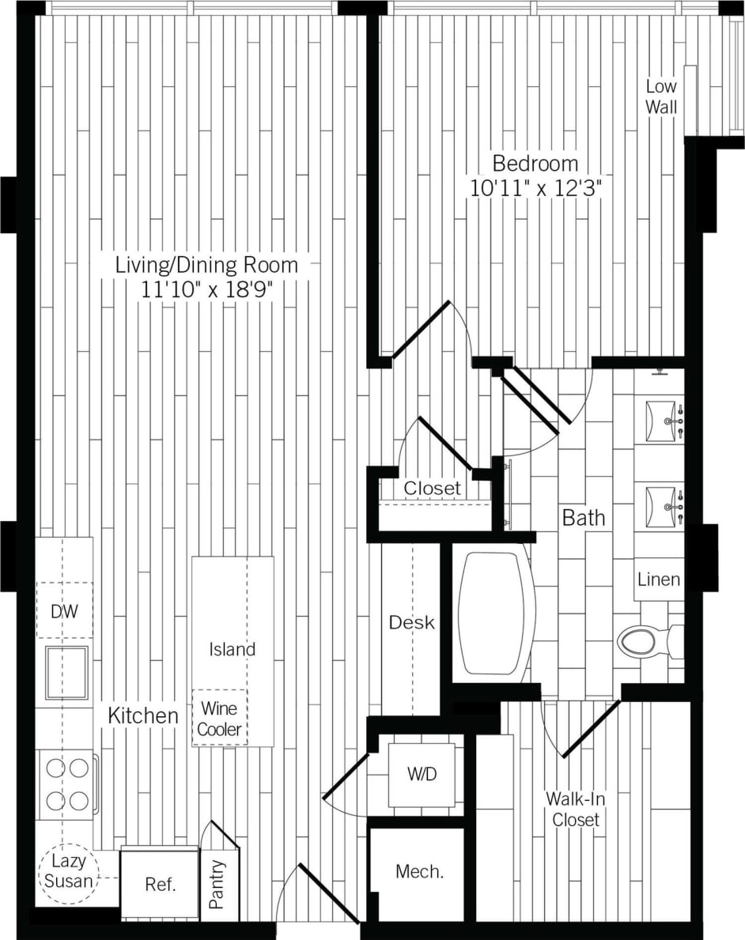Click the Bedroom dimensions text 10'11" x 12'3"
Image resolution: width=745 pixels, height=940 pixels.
pyautogui.click(x=535, y=190)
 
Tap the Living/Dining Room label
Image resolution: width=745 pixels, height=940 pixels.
pyautogui.click(x=207, y=265)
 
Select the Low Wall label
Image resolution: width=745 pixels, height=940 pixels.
pyautogui.click(x=661, y=96)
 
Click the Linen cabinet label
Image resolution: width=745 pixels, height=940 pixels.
pyautogui.click(x=659, y=579)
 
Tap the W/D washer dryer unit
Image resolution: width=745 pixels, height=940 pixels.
pyautogui.click(x=422, y=775)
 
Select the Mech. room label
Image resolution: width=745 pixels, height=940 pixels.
pyautogui.click(x=419, y=872)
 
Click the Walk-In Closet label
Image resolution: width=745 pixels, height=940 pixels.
pyautogui.click(x=576, y=809)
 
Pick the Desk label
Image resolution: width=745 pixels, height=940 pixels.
pyautogui.click(x=411, y=623)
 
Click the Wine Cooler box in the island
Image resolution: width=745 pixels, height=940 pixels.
pyautogui.click(x=219, y=718)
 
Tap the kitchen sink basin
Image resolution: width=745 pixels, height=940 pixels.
pyautogui.click(x=66, y=673)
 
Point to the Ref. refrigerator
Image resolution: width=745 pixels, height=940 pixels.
pyautogui.click(x=159, y=884)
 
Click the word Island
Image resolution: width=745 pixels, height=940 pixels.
pyautogui.click(x=233, y=650)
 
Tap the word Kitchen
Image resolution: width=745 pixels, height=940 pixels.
pyautogui.click(x=143, y=716)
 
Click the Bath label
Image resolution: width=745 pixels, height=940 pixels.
pyautogui.click(x=584, y=518)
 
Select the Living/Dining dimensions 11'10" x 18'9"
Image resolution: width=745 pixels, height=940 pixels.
pyautogui.click(x=207, y=289)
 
